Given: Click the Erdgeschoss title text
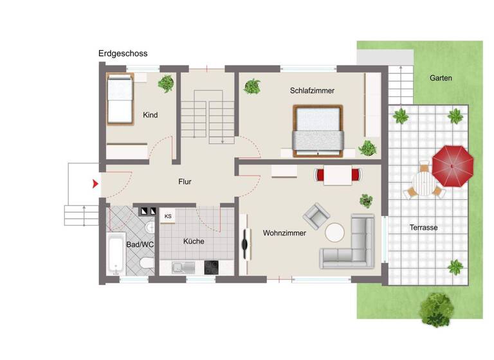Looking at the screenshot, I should [123, 53].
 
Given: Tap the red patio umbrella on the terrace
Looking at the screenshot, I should [452, 165].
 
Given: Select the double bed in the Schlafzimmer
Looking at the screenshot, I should [319, 131].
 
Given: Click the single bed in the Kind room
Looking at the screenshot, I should [120, 98].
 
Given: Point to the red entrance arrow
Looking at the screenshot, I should [95, 184].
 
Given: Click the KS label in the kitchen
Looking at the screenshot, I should [168, 216].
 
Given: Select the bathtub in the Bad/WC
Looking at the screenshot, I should [116, 254].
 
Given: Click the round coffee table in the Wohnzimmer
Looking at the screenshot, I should [335, 233].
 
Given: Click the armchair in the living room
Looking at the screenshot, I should [316, 216].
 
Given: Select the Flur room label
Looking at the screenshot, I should [185, 182].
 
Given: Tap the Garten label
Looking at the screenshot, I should [441, 78].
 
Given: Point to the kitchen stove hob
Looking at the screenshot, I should [212, 266].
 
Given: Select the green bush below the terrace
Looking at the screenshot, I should [437, 309].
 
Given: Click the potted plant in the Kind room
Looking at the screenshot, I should [166, 83].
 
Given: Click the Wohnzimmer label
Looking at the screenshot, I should [284, 233].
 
